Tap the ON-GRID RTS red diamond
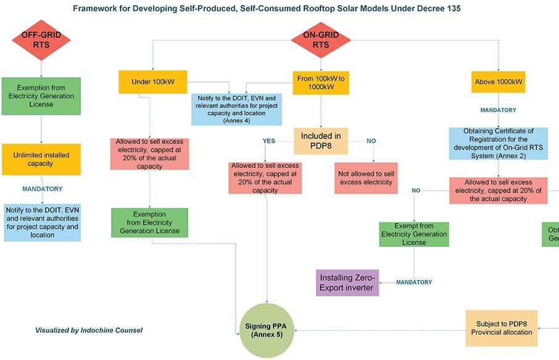click(x=320, y=40)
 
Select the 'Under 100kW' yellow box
click(x=152, y=82)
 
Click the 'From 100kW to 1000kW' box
click(x=320, y=82)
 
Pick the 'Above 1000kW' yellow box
click(x=499, y=82)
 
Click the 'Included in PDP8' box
click(x=320, y=140)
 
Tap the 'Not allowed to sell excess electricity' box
click(x=365, y=178)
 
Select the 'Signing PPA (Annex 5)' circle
click(x=267, y=330)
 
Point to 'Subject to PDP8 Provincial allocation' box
click(x=500, y=328)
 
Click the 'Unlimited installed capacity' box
click(x=41, y=159)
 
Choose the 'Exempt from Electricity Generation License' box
click(x=413, y=234)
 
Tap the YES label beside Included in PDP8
click(x=269, y=141)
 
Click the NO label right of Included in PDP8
click(x=371, y=141)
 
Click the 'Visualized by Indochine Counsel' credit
click(x=89, y=330)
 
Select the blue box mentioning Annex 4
click(x=236, y=109)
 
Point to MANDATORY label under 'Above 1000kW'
click(x=499, y=110)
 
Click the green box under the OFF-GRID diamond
click(x=41, y=96)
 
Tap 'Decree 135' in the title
click(x=439, y=9)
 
